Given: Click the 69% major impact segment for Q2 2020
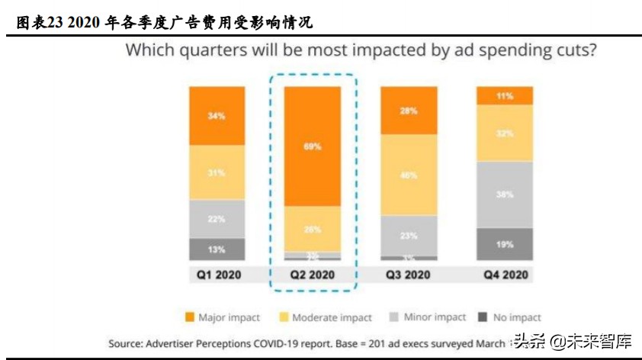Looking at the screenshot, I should point(313,146).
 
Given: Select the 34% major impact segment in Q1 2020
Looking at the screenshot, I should point(217,116).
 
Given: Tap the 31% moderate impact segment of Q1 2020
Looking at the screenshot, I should point(217,173).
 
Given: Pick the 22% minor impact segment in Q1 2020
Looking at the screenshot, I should point(217,219).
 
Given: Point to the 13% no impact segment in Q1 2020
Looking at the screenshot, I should point(217,249).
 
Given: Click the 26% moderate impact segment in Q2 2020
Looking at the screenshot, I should point(313,229).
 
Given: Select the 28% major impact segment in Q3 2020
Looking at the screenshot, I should point(409,111).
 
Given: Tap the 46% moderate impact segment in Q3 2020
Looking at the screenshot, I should point(409,175).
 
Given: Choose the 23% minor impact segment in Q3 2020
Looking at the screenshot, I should point(409,236).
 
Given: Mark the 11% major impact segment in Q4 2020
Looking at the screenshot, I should point(505,96).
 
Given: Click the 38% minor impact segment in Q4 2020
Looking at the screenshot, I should point(505,194).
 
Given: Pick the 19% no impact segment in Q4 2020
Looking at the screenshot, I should point(505,245).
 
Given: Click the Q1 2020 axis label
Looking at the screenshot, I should point(217,275).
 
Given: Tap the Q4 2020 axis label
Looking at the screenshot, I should point(505,275).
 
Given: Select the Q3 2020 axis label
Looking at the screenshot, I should point(409,275).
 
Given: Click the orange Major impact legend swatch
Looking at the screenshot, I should point(188,317).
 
